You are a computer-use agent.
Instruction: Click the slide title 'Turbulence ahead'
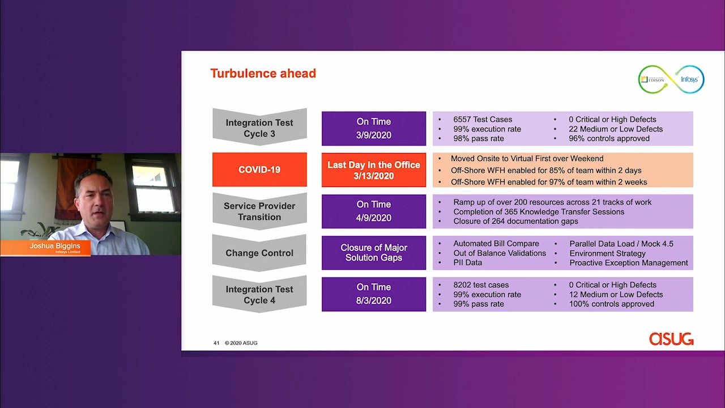pyautogui.click(x=263, y=74)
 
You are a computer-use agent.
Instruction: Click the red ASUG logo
pyautogui.click(x=671, y=339)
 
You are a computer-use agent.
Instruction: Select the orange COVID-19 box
pyautogui.click(x=259, y=169)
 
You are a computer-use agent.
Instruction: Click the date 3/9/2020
pyautogui.click(x=374, y=135)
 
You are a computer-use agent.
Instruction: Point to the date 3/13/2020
pyautogui.click(x=374, y=176)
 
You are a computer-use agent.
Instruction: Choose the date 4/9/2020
pyautogui.click(x=374, y=218)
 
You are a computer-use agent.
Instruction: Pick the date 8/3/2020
pyautogui.click(x=374, y=300)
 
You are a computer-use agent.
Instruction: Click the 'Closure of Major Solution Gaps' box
pyautogui.click(x=374, y=253)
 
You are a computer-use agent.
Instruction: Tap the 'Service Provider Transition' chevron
pyautogui.click(x=259, y=211)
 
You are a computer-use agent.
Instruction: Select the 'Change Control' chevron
pyautogui.click(x=259, y=253)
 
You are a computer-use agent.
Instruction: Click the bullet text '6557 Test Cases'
pyautogui.click(x=483, y=120)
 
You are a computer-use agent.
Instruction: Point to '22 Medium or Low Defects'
pyautogui.click(x=616, y=129)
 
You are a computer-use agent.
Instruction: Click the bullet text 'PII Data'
pyautogui.click(x=467, y=262)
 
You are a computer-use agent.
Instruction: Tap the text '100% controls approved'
pyautogui.click(x=611, y=304)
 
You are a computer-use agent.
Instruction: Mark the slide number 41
pyautogui.click(x=216, y=343)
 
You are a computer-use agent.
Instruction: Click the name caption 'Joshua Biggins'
pyautogui.click(x=55, y=246)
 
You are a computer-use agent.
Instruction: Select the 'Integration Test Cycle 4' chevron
pyautogui.click(x=259, y=294)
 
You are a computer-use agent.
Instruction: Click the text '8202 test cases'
pyautogui.click(x=481, y=285)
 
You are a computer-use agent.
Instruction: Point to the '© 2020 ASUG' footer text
pyautogui.click(x=241, y=343)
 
